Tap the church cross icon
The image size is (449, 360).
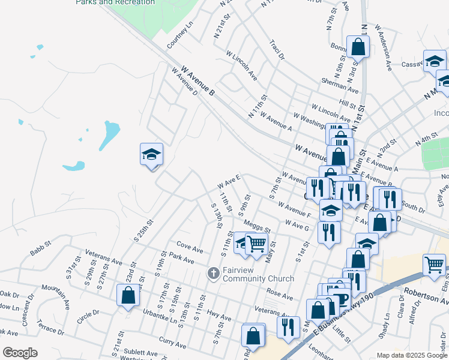click(213, 274)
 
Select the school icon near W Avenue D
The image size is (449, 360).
click(152, 155)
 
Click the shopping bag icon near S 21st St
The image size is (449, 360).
click(128, 295)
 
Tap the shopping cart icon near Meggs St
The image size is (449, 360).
click(256, 244)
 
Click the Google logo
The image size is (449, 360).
click(20, 353)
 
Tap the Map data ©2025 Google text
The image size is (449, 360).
click(412, 355)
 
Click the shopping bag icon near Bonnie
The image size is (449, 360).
click(358, 47)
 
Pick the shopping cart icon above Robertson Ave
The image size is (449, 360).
click(434, 264)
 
